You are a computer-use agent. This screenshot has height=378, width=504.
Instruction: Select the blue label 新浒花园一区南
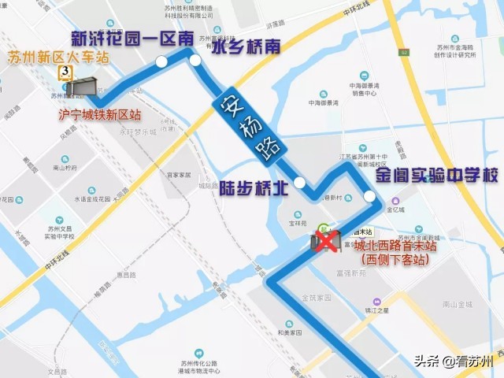click(x=132, y=38)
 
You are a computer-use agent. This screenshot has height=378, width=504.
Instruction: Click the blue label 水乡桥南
click(x=246, y=47)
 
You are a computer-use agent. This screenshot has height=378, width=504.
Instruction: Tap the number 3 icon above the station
click(x=62, y=72)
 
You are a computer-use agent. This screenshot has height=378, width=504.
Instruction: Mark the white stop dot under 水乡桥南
click(x=195, y=60)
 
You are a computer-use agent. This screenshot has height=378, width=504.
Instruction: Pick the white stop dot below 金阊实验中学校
click(x=368, y=196)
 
